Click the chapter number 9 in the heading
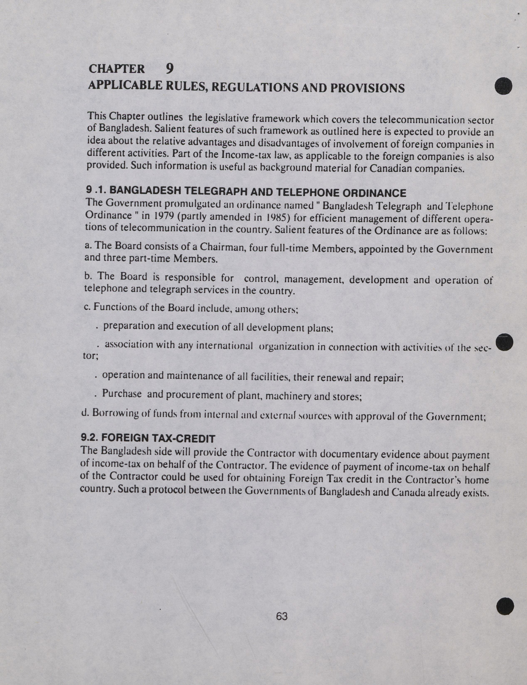[169, 68]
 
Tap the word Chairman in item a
[222, 247]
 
